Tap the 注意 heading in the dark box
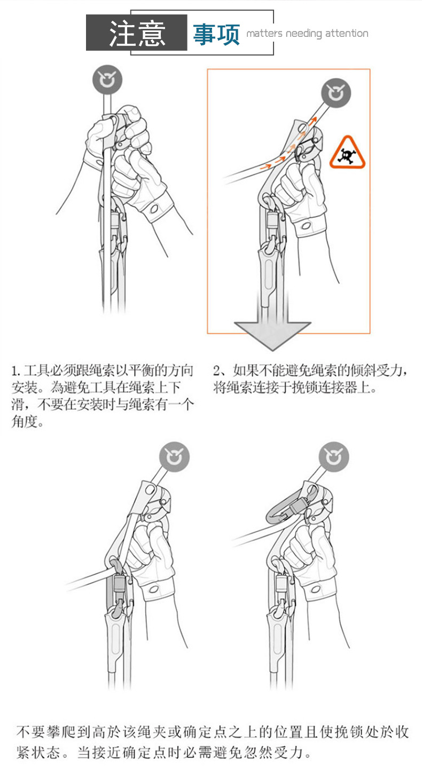click(x=137, y=33)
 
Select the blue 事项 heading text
click(x=216, y=34)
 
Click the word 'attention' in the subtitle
click(x=347, y=34)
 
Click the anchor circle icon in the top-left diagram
click(x=107, y=81)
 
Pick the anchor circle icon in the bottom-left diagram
click(x=174, y=457)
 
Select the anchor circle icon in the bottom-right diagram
click(x=334, y=457)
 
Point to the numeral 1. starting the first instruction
click(x=15, y=370)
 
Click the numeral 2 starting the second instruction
click(x=216, y=370)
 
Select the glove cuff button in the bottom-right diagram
click(x=316, y=589)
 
